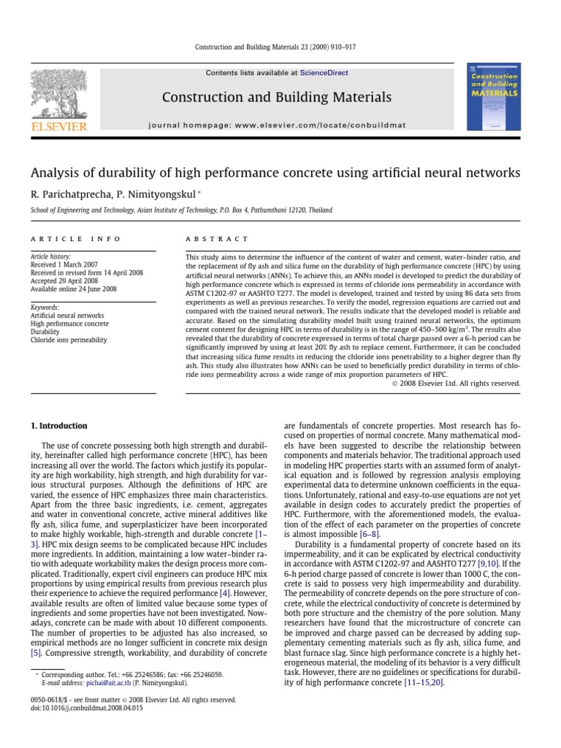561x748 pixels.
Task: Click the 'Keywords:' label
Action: tap(44, 308)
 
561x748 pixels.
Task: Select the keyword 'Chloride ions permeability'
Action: tap(69, 340)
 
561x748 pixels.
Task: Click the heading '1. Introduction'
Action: tap(58, 426)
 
